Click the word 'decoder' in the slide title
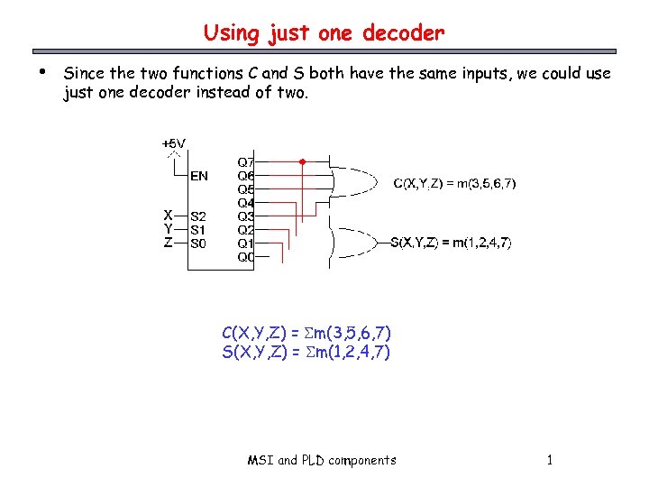403,34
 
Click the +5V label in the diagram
173,143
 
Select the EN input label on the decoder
198,176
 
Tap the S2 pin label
198,216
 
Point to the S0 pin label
198,243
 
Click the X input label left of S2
168,216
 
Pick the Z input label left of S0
168,242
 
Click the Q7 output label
245,162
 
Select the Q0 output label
245,257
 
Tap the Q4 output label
245,203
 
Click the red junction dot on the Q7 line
303,162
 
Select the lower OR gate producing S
353,242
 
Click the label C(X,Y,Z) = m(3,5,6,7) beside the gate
454,184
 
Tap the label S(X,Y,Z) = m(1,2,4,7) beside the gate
451,242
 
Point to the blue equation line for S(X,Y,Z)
306,352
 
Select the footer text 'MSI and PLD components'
322,460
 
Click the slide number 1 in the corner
549,460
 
